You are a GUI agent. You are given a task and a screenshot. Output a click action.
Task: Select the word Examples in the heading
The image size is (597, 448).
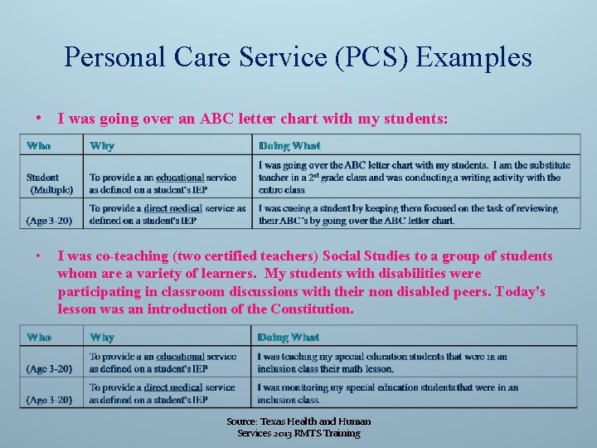(474, 57)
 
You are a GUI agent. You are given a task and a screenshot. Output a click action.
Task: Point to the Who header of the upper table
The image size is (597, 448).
(38, 146)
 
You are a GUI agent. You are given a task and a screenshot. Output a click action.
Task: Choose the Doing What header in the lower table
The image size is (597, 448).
(288, 338)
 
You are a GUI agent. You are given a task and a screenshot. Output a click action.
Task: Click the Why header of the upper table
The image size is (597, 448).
(102, 146)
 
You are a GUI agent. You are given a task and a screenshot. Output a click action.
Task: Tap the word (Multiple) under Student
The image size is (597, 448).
(51, 189)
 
